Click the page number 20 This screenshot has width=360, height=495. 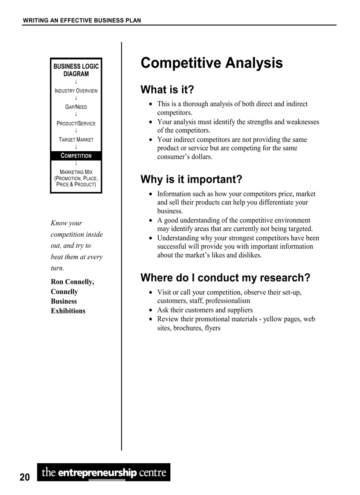tap(25, 477)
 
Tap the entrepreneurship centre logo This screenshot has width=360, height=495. tap(104, 473)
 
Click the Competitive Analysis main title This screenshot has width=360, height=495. tap(211, 63)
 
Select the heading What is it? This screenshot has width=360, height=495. tap(167, 90)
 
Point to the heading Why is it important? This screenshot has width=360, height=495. tap(191, 180)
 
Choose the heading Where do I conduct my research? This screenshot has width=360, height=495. tap(225, 278)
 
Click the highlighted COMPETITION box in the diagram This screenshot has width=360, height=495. tap(76, 156)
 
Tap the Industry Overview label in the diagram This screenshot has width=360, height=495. tap(76, 91)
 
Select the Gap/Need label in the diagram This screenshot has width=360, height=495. tap(76, 107)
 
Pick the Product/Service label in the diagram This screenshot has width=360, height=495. tap(76, 123)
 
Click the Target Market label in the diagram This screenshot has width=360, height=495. tap(76, 140)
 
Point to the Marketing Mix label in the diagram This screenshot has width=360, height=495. tap(76, 172)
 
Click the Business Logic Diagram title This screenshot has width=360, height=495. tap(76, 70)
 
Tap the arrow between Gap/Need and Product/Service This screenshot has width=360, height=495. tap(76, 115)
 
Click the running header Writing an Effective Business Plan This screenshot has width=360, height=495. tap(82, 20)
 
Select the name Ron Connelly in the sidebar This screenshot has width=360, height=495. tap(72, 282)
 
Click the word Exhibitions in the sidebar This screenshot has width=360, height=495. tap(68, 311)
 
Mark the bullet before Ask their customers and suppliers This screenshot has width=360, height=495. tap(151, 310)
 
